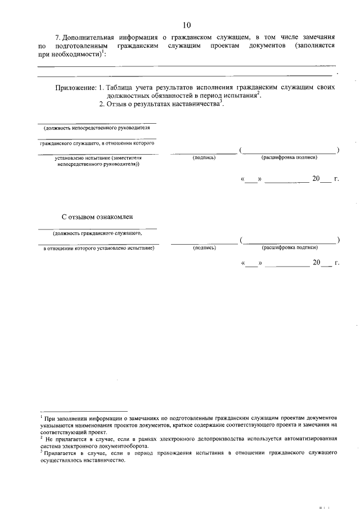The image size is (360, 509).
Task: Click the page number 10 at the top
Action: [187, 25]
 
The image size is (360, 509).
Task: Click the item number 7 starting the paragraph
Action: [57, 37]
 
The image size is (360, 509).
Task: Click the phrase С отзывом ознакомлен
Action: [97, 216]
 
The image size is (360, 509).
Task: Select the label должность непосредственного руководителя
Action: [97, 128]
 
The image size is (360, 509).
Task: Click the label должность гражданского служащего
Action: [97, 232]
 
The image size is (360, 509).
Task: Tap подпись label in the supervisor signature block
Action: [204, 158]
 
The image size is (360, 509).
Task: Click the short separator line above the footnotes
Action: [84, 412]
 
